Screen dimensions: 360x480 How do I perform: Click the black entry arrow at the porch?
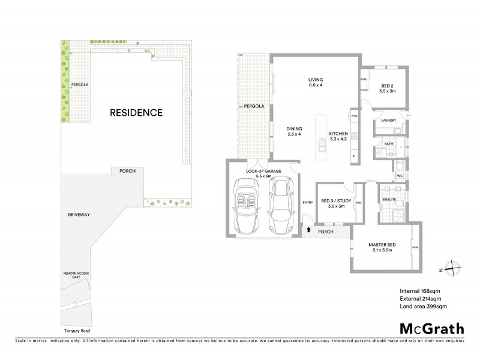click(x=308, y=229)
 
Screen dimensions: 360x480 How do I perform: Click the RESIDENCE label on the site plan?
click(x=136, y=112)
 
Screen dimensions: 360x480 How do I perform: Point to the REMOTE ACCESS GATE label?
click(x=76, y=275)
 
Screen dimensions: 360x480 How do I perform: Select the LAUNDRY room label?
click(x=388, y=121)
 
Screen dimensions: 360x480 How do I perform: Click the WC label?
click(x=398, y=175)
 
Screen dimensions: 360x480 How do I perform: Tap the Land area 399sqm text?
click(x=424, y=307)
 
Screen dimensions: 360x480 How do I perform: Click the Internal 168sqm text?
click(x=420, y=291)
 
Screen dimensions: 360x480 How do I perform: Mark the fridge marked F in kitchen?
click(x=354, y=156)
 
